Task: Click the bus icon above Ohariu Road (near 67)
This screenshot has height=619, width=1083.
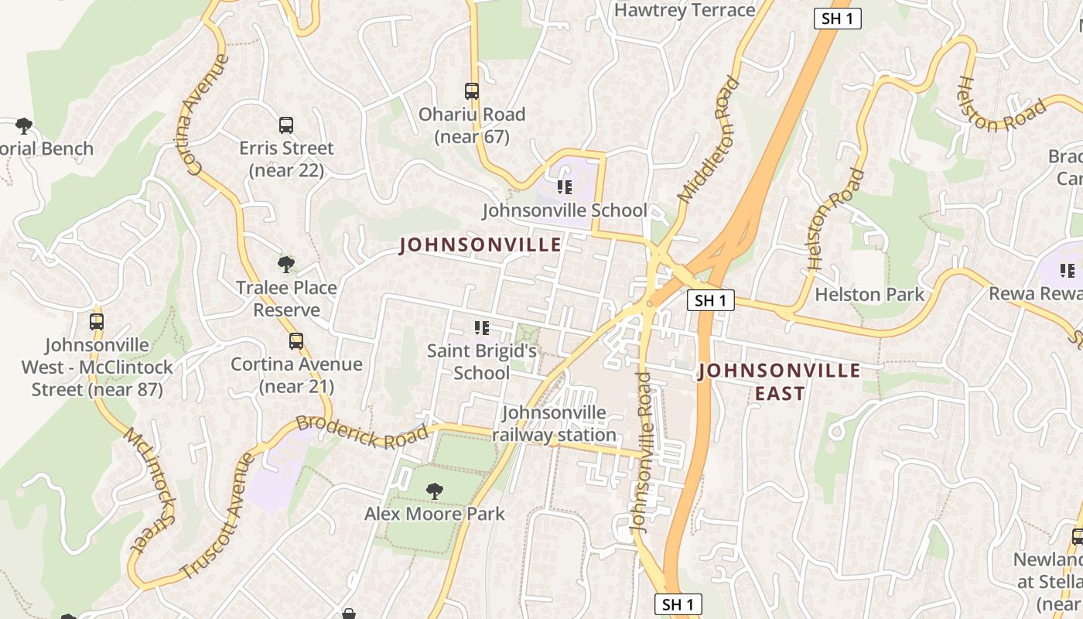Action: [472, 91]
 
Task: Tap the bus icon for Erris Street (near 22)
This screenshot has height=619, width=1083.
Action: [286, 125]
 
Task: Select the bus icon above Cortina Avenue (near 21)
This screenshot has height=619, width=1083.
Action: [296, 341]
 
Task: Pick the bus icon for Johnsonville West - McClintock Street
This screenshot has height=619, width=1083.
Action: [97, 322]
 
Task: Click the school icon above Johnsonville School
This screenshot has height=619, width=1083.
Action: [565, 187]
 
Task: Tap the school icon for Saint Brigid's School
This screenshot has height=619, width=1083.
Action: [482, 329]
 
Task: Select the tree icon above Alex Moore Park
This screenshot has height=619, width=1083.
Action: [435, 491]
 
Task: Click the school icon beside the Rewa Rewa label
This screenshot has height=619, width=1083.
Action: [1068, 271]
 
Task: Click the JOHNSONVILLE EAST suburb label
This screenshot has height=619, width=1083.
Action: [779, 382]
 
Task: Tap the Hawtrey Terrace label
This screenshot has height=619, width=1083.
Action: [684, 10]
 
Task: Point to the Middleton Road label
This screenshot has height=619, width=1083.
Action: [704, 140]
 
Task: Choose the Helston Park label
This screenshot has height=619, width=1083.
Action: [869, 295]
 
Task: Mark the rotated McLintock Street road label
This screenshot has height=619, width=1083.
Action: [149, 489]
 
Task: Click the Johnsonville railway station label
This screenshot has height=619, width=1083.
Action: [554, 424]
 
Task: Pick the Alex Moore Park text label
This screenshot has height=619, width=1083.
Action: [435, 514]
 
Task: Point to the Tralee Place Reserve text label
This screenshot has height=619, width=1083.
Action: [286, 299]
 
